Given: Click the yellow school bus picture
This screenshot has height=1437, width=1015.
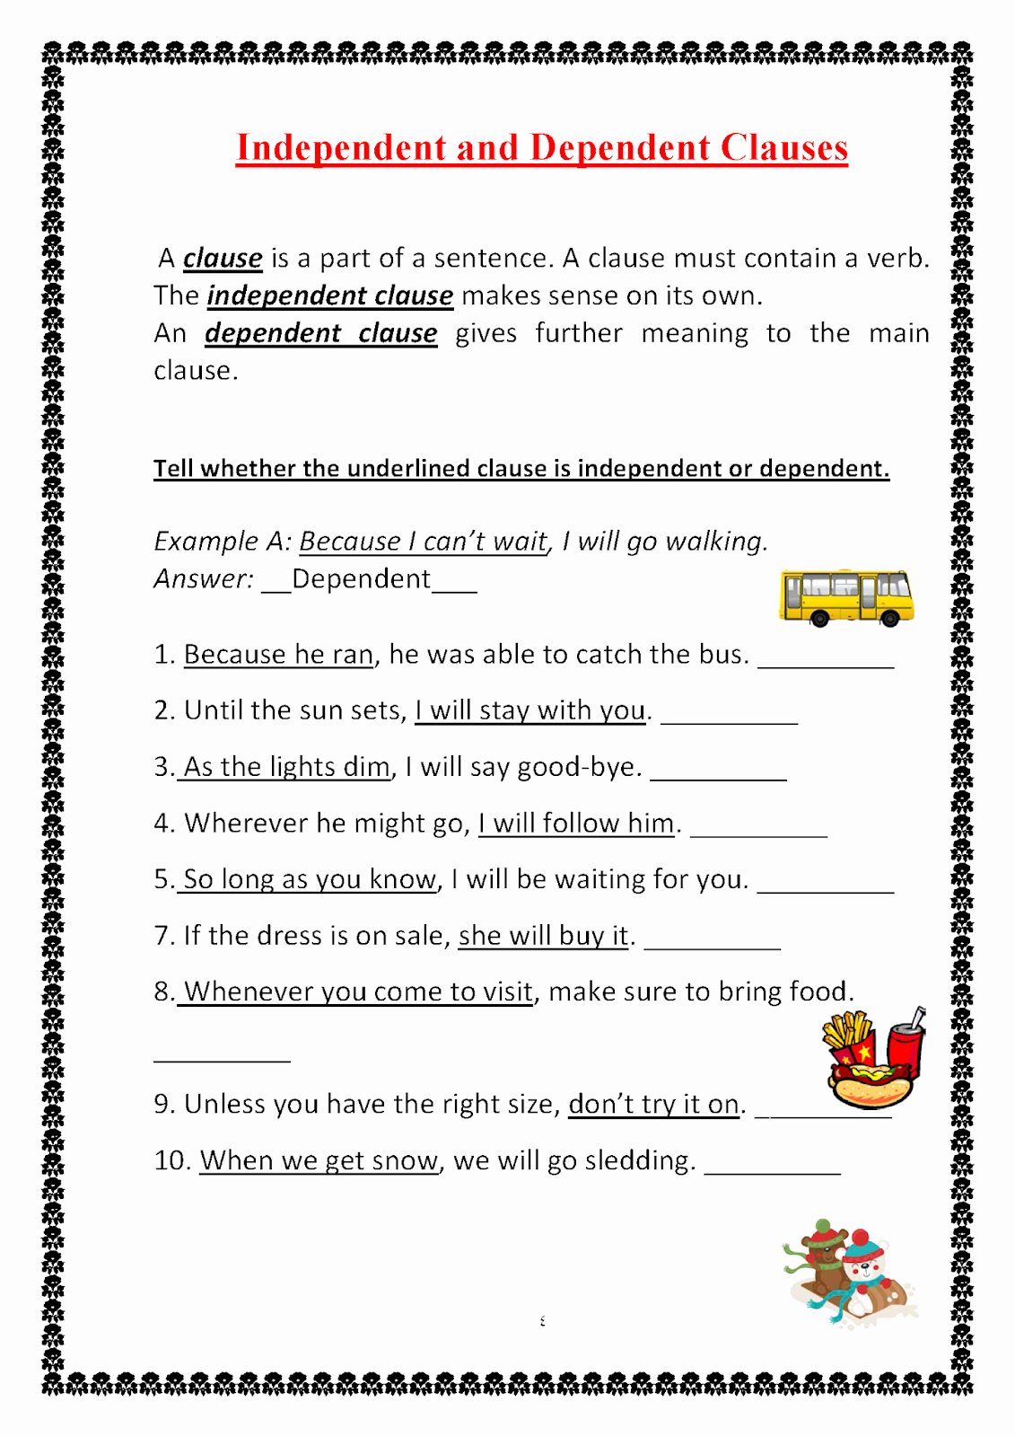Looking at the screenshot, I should pos(845,597).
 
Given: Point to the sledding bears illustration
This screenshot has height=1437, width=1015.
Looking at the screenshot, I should pos(848,1271).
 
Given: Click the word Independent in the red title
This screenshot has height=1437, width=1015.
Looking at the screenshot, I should pos(341,148).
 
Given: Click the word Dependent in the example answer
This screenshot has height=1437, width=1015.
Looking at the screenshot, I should pos(361,579).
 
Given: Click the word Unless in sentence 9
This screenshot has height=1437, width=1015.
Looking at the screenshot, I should pos(224,1104).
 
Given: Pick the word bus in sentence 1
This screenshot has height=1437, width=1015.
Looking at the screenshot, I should pos(722,655).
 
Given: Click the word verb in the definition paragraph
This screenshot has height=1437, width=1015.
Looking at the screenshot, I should pos(896,259).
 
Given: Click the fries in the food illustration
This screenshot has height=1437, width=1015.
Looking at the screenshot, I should pos(846,1033).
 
